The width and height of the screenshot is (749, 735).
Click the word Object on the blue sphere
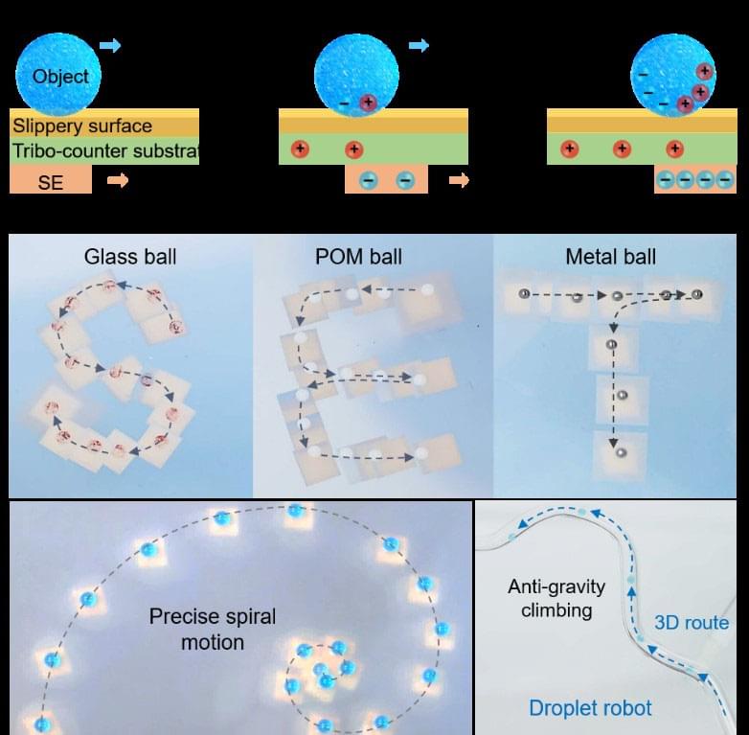tap(59, 77)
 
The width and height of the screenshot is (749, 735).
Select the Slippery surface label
tap(81, 126)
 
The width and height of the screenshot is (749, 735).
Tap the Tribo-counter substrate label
tap(104, 151)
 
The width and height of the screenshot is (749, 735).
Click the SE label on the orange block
tap(50, 181)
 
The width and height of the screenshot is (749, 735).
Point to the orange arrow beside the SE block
tap(118, 180)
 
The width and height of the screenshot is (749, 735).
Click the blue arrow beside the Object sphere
tap(110, 45)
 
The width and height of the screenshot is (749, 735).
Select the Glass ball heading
tap(130, 257)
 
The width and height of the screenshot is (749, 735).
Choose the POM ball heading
tap(358, 257)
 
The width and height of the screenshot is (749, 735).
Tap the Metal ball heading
tap(611, 257)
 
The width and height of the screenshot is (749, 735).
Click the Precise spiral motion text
tap(212, 629)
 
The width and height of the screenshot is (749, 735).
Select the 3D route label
tap(691, 623)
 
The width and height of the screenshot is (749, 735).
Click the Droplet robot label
tap(590, 708)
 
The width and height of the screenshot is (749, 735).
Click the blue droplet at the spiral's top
tap(295, 512)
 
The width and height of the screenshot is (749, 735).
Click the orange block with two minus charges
tap(386, 179)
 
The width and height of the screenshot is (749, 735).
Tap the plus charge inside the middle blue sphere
tap(368, 102)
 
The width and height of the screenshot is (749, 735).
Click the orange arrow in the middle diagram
tap(460, 180)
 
